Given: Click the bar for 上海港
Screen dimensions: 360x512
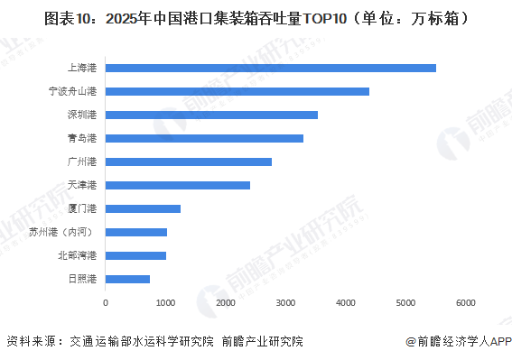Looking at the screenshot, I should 271,68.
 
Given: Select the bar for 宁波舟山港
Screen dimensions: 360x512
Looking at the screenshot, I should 237,91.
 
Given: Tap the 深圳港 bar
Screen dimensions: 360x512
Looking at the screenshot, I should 212,115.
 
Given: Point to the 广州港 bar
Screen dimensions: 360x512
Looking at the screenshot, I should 189,162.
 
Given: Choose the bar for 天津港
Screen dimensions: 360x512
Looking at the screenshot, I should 178,185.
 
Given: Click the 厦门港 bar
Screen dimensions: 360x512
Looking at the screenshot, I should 144,208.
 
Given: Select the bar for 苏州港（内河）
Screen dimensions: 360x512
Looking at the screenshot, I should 136,232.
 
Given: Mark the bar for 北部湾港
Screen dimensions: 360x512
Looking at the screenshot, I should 136,255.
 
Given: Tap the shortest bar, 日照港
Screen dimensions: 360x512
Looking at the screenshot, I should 128,279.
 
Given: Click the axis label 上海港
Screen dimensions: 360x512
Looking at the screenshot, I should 83,68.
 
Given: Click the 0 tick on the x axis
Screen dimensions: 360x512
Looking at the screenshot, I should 106,302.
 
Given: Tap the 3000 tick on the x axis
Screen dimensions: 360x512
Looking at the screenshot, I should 285,302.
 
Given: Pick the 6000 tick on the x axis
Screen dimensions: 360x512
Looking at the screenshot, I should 465,302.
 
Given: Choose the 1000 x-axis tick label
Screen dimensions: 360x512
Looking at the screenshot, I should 165,302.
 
